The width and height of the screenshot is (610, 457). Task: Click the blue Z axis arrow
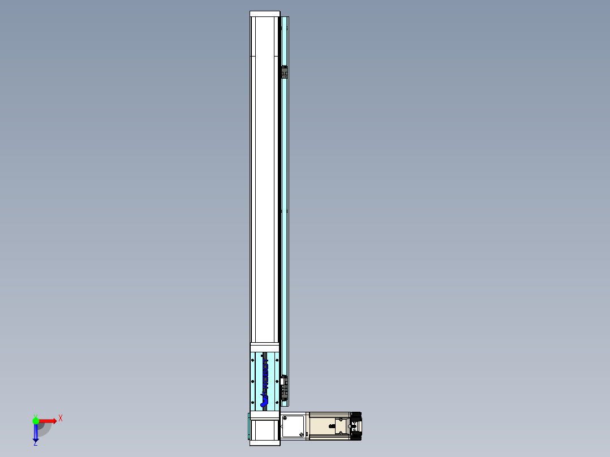click(36, 433)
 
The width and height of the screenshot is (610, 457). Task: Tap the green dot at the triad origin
click(36, 421)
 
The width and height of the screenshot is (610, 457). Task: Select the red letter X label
click(60, 419)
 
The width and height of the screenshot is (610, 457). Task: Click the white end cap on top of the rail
click(265, 14)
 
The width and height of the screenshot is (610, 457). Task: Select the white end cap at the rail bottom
click(264, 442)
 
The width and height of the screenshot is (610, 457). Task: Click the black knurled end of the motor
click(356, 426)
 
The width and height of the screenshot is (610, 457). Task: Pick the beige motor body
click(323, 426)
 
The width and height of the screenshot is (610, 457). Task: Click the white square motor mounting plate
click(293, 426)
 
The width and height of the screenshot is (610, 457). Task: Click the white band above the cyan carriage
click(264, 347)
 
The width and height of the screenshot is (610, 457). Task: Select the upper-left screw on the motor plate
click(285, 418)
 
